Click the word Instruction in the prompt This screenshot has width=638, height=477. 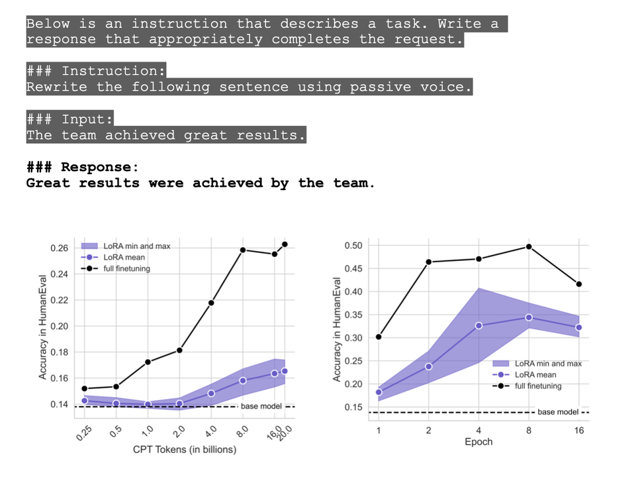113,72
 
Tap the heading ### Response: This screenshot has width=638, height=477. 83,167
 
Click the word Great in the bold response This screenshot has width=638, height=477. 48,183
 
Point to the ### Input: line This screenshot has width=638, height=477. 69,119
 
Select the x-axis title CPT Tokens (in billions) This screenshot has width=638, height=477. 185,450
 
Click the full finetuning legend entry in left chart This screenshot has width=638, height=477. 126,268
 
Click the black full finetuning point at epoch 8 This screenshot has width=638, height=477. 529,246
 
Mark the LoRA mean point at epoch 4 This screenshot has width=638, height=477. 478,325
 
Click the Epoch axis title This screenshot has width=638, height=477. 478,442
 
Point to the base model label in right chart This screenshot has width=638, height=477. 557,412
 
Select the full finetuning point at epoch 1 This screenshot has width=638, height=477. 379,337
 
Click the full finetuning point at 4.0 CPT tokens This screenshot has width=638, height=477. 211,303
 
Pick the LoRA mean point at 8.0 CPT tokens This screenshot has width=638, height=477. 243,380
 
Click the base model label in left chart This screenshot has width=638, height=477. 261,406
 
